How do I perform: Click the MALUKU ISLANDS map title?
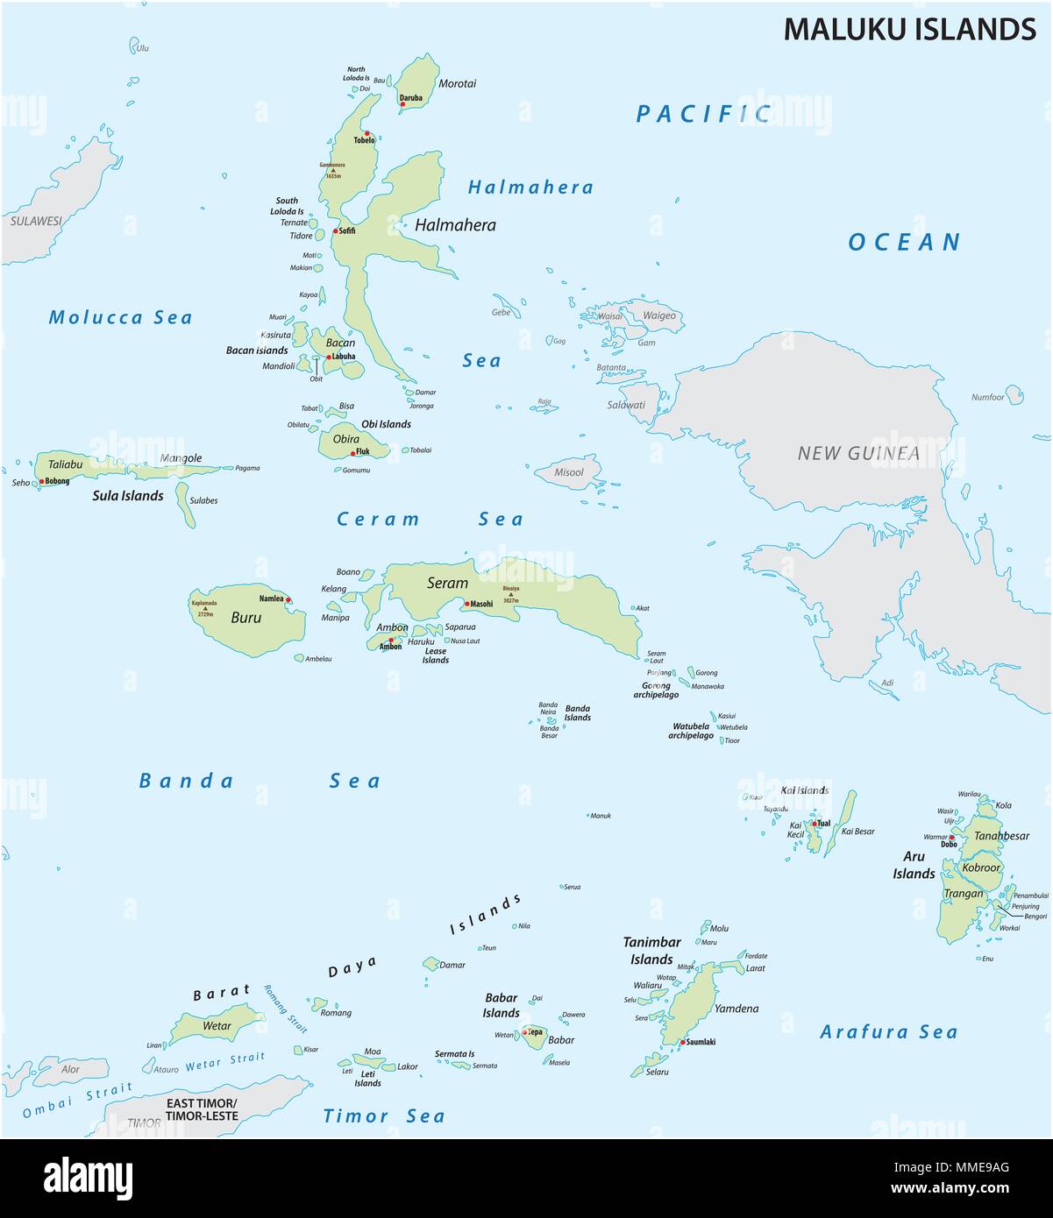coord(909,29)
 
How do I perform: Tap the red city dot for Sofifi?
coord(336,231)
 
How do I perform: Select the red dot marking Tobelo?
coord(368,134)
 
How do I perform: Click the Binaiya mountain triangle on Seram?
coord(511,595)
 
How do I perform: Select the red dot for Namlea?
coord(288,600)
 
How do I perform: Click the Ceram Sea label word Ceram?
coord(378,520)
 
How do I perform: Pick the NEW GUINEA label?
coord(858,453)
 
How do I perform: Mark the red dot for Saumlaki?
coord(681,1042)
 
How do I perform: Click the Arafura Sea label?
coord(888,1032)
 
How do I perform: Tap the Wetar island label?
coord(217,1026)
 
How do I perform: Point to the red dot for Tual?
coord(815,824)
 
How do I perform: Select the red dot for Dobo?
coord(952,838)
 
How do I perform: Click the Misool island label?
coord(569,472)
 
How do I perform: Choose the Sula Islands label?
coord(128,496)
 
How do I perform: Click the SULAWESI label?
coord(36,222)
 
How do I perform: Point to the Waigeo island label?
coord(659,315)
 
